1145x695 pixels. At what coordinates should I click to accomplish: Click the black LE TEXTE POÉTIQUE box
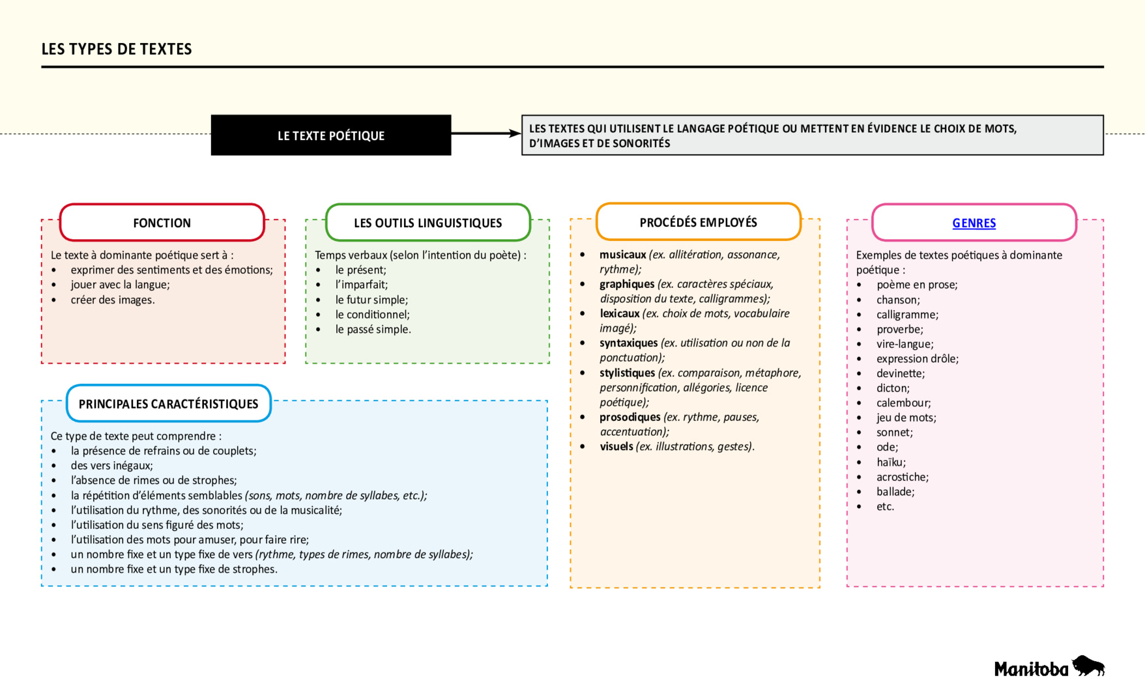330,135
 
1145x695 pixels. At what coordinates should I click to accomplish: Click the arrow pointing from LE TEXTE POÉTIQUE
486,134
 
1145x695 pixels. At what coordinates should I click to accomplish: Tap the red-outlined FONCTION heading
162,223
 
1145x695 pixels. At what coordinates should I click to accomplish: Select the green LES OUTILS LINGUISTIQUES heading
428,223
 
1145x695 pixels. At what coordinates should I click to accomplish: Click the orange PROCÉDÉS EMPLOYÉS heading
698,222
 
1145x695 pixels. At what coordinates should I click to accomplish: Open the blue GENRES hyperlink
974,223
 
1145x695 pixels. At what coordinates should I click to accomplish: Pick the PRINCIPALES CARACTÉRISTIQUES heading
168,404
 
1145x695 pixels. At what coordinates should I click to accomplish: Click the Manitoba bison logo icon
1088,666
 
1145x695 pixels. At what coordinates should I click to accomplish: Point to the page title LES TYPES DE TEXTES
117,50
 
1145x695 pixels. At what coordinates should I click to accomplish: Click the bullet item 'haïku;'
890,462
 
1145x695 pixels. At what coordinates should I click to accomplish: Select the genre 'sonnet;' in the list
894,433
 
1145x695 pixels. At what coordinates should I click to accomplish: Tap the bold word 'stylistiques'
627,373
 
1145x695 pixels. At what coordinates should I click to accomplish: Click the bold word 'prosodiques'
630,417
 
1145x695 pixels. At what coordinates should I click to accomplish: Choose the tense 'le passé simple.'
373,330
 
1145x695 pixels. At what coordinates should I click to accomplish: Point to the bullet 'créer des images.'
113,300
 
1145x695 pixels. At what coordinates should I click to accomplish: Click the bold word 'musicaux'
622,255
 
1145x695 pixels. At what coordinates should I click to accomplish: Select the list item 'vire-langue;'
905,344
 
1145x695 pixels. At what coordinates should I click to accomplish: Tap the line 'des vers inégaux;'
111,466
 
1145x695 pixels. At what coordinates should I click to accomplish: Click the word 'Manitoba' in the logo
1031,669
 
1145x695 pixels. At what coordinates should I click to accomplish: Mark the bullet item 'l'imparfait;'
361,285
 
